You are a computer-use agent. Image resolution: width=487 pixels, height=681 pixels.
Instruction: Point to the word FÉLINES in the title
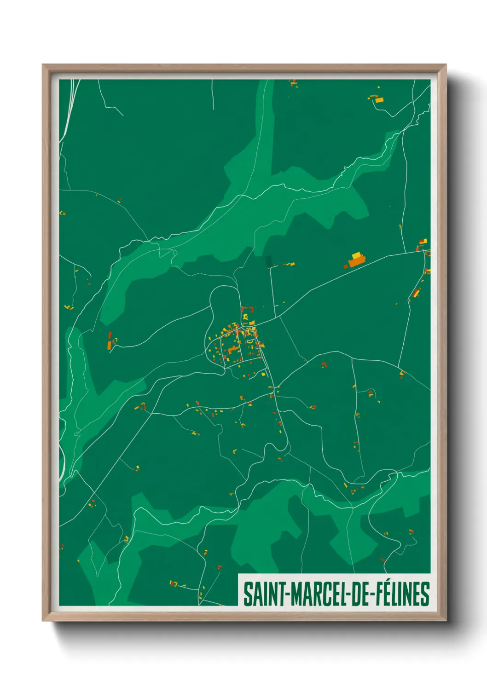click(x=402, y=594)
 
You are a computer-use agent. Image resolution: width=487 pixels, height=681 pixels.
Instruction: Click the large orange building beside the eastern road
click(x=356, y=262)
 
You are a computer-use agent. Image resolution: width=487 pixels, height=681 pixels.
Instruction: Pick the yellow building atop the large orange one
click(x=356, y=255)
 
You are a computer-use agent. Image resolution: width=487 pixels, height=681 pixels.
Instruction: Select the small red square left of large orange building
click(x=346, y=266)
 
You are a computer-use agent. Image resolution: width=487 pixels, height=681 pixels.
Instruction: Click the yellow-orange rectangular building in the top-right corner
click(x=379, y=99)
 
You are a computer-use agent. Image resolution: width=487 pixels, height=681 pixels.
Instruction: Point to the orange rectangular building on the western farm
click(x=109, y=345)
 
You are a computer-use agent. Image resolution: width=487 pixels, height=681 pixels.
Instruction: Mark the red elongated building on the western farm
click(x=110, y=336)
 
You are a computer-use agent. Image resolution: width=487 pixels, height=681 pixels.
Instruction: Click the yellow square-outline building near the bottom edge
click(x=173, y=583)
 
